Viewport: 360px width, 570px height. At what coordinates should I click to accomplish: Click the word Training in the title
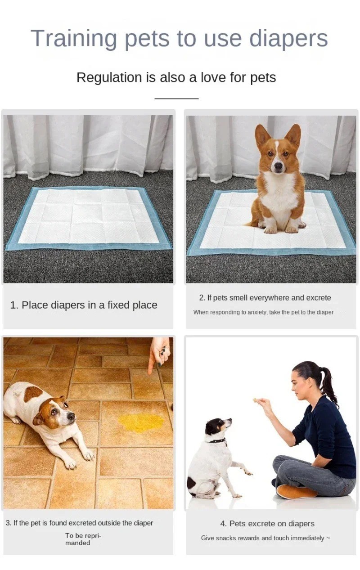74,39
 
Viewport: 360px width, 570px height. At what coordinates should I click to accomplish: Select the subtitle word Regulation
109,77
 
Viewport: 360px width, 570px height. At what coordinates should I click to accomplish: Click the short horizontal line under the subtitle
176,98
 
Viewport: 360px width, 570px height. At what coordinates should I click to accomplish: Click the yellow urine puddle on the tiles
141,422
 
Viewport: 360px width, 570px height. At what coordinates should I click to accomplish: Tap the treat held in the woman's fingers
255,399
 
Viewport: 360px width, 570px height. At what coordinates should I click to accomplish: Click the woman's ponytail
328,385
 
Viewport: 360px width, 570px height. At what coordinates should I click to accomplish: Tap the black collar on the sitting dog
217,440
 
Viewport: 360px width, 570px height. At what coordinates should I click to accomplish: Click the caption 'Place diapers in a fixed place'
84,305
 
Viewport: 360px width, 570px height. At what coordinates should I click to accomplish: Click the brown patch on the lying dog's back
33,393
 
